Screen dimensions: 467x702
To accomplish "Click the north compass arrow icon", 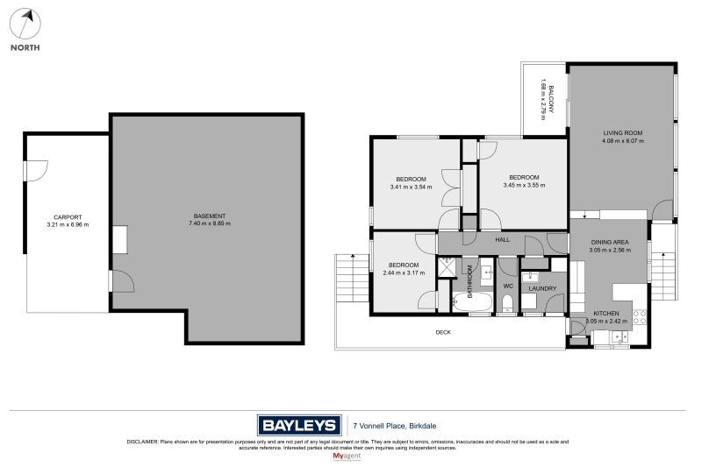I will tap(25, 23).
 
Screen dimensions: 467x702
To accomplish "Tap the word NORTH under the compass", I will tap(25, 47).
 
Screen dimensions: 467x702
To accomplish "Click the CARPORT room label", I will tap(68, 216).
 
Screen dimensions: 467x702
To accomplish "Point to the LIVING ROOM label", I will tap(622, 133).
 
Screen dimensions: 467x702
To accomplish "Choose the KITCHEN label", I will tap(606, 313).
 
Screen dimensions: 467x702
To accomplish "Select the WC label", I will tap(507, 286).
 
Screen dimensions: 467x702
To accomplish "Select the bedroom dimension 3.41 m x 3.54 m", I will tap(412, 186).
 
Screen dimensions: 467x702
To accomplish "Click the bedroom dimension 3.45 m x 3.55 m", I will tap(524, 185).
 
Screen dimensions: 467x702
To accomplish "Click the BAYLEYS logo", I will tap(298, 426).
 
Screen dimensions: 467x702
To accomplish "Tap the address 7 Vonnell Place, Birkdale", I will tap(395, 426).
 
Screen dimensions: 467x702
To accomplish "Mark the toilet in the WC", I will tap(507, 304).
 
